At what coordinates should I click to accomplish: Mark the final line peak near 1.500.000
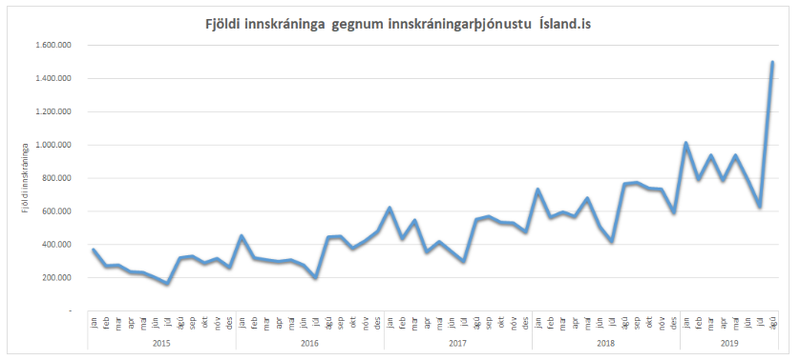(x=773, y=62)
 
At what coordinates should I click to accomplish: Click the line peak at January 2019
(x=686, y=143)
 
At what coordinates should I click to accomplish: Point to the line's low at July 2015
(x=167, y=284)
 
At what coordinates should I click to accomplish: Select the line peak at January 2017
(x=389, y=208)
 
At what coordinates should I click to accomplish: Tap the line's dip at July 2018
(x=612, y=242)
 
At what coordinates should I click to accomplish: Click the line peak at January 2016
(x=242, y=236)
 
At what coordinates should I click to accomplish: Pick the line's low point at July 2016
(x=315, y=278)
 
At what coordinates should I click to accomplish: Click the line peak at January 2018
(x=537, y=189)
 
